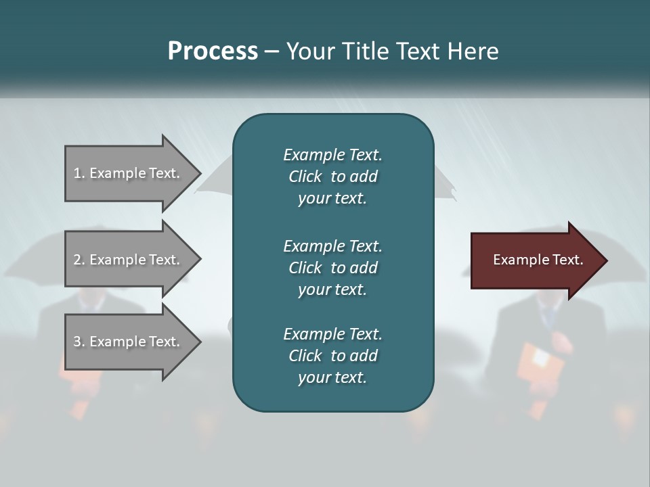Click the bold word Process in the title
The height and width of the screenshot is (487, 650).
(213, 51)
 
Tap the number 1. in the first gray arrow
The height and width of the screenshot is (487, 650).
(79, 173)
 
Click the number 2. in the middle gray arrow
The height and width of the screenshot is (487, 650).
(79, 260)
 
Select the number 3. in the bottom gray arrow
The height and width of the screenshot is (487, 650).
(79, 342)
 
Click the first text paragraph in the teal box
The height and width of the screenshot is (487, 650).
(332, 177)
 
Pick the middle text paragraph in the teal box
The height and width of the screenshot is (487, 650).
(332, 267)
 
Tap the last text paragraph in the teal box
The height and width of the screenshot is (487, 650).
(332, 356)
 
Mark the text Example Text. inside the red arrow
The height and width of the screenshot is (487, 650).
(538, 260)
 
